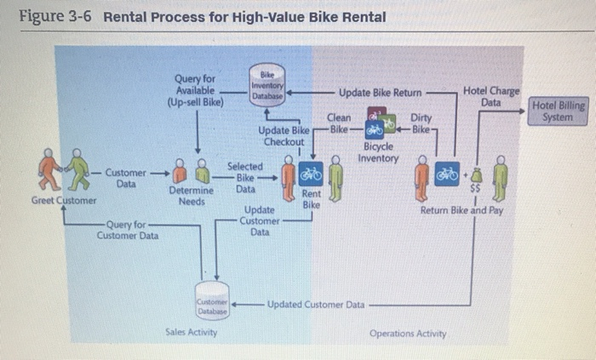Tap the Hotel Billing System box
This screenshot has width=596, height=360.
[x=558, y=111]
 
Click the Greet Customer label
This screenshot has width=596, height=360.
[x=64, y=201]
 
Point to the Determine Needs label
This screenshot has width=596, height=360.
[x=191, y=196]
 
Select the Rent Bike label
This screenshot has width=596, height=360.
[x=312, y=200]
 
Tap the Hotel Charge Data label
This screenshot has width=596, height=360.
[x=490, y=96]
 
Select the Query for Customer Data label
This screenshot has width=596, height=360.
[x=128, y=230]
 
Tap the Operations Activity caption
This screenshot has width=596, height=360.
[x=408, y=334]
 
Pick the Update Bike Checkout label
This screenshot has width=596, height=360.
[x=284, y=135]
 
